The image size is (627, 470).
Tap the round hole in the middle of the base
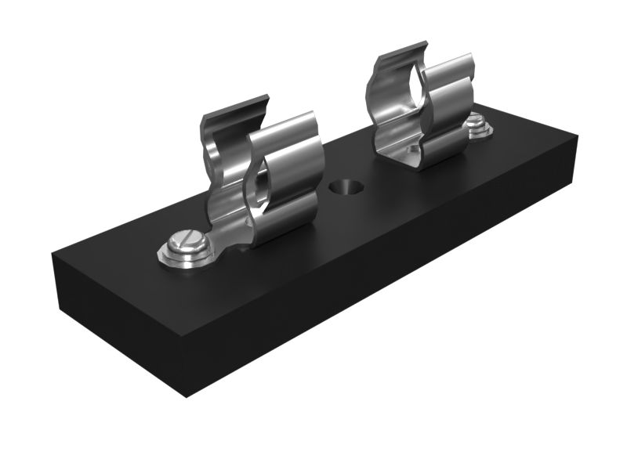(343, 187)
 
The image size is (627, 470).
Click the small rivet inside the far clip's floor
(411, 148)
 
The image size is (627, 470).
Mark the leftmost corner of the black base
(53, 255)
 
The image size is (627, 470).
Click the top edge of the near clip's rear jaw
(235, 107)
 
